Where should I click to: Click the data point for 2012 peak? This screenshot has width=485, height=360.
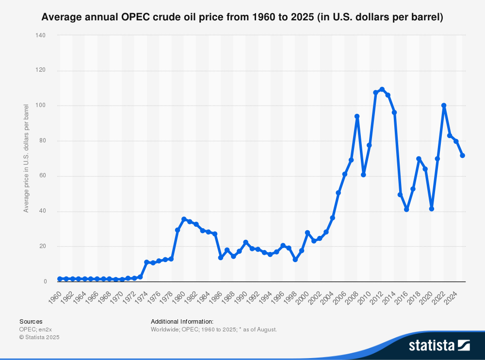tap(382, 89)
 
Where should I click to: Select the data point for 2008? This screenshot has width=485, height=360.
tap(357, 116)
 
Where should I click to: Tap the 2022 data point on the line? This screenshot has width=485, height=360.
tap(444, 106)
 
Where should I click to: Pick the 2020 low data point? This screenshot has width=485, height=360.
tap(431, 209)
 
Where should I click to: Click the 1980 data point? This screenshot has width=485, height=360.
tap(184, 219)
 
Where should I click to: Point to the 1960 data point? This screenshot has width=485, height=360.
tap(60, 279)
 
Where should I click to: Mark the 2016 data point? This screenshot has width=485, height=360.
tap(406, 209)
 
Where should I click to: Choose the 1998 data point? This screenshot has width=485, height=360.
tap(295, 260)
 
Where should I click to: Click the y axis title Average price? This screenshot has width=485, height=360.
tap(26, 158)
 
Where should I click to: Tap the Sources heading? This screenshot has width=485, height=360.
tap(31, 321)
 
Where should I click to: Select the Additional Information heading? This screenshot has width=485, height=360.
tap(182, 321)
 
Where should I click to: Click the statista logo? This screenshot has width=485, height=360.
tap(439, 345)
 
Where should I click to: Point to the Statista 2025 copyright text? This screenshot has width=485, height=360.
tap(39, 337)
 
